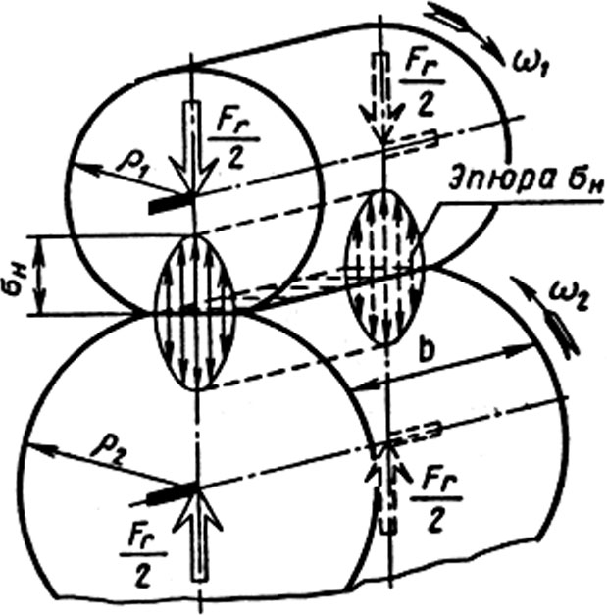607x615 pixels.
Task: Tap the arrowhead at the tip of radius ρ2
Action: pos(38,449)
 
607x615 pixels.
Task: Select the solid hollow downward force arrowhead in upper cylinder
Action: pos(192,176)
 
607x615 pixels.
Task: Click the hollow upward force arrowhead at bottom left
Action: pos(199,509)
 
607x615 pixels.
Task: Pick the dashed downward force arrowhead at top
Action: pos(381,125)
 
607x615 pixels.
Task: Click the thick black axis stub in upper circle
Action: pos(172,205)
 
